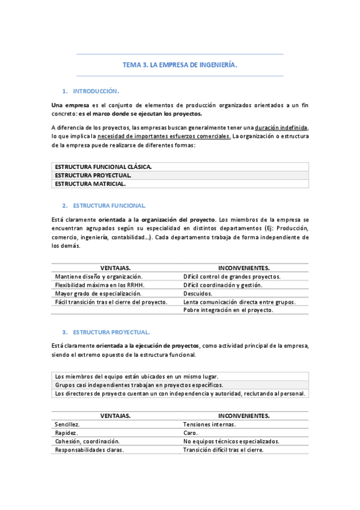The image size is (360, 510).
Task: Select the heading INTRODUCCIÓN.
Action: coord(96,91)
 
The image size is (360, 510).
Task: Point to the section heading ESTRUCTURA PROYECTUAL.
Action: coord(111,332)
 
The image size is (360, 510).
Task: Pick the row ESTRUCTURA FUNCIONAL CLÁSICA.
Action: coord(103,167)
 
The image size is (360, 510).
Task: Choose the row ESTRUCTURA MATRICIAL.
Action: coord(90,183)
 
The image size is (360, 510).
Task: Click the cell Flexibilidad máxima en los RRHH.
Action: coord(100,285)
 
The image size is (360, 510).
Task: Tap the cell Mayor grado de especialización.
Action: coord(99,293)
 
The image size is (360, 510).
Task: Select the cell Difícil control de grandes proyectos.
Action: coord(232,277)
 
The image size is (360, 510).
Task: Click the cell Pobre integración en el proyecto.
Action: coord(228,310)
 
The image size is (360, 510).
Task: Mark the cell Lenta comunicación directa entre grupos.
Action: coord(239,302)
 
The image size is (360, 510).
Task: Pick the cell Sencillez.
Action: coord(67,424)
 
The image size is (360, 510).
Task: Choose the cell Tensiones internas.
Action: coord(210,424)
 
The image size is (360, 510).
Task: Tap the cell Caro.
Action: coord(191,432)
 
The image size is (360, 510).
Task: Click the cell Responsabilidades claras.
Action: coord(90,449)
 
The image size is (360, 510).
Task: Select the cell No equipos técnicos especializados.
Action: coord(231,441)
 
